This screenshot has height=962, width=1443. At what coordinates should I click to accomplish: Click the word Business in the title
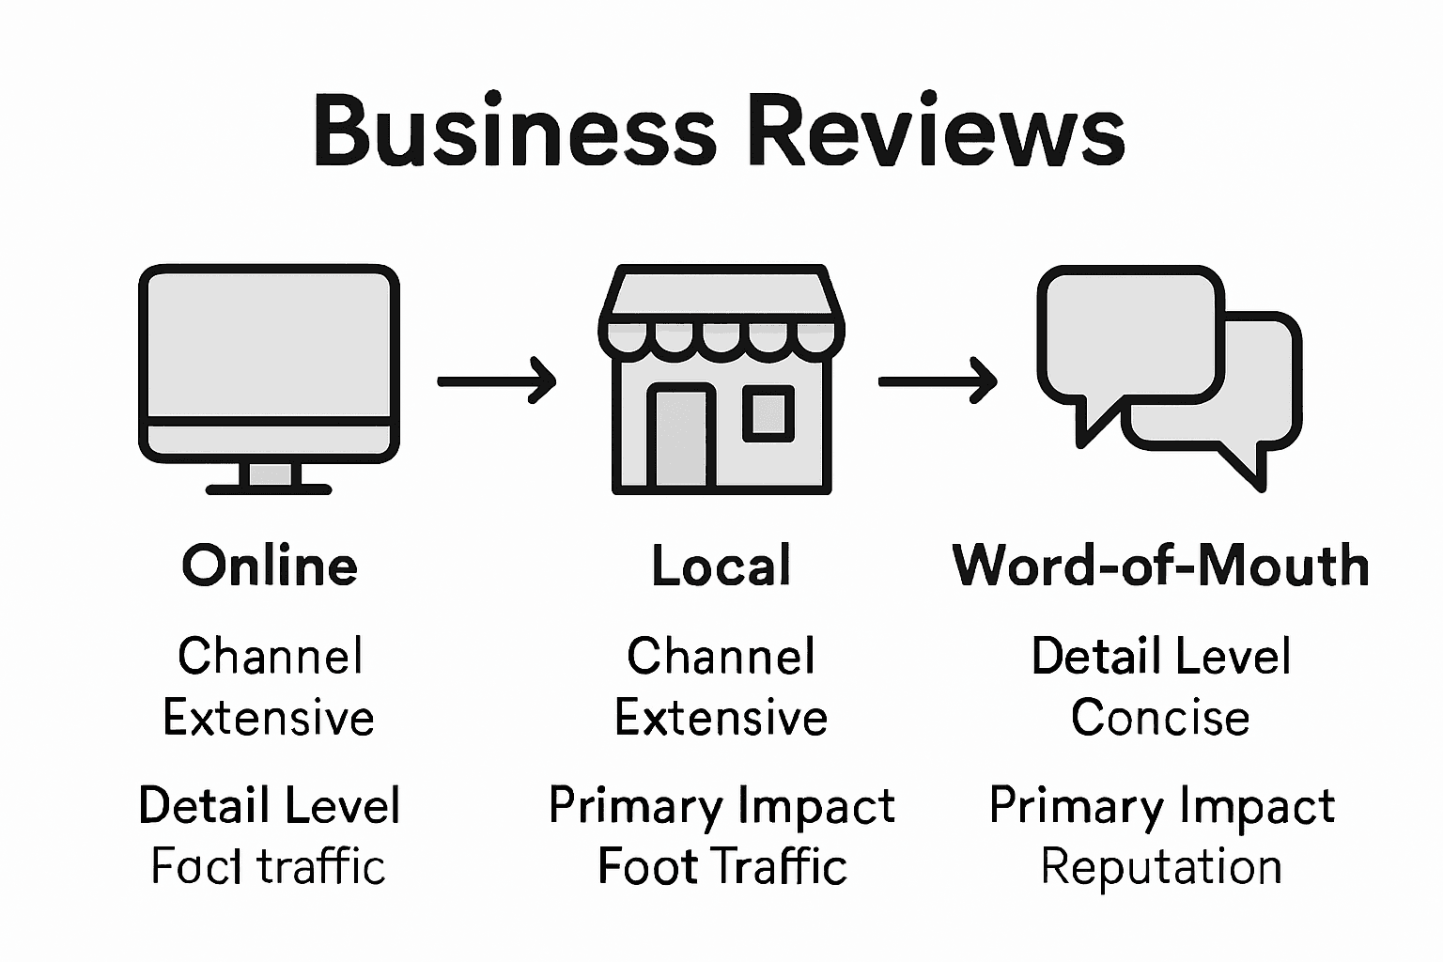point(515,132)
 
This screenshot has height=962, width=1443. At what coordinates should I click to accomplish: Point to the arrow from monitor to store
point(497,380)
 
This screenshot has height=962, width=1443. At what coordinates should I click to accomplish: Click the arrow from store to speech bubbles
point(938,380)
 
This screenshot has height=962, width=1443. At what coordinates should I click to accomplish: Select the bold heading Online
point(270,566)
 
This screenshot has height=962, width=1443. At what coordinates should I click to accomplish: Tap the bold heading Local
point(721,566)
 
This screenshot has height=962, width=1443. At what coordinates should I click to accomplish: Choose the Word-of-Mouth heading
point(1161,566)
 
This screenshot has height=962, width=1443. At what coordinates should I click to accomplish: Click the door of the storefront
point(680,437)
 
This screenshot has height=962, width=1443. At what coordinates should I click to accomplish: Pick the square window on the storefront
point(768,414)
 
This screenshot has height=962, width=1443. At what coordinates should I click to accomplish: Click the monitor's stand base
point(270,488)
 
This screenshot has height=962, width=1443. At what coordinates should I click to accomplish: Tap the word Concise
point(1160,719)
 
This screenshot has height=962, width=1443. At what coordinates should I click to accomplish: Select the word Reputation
point(1161,866)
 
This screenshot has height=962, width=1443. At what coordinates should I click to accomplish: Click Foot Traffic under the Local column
point(721,866)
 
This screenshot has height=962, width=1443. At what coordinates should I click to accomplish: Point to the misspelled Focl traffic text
point(269,866)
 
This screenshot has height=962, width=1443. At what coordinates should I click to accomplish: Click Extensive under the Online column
point(269,719)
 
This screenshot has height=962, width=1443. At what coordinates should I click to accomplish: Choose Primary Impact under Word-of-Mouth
point(1161,806)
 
